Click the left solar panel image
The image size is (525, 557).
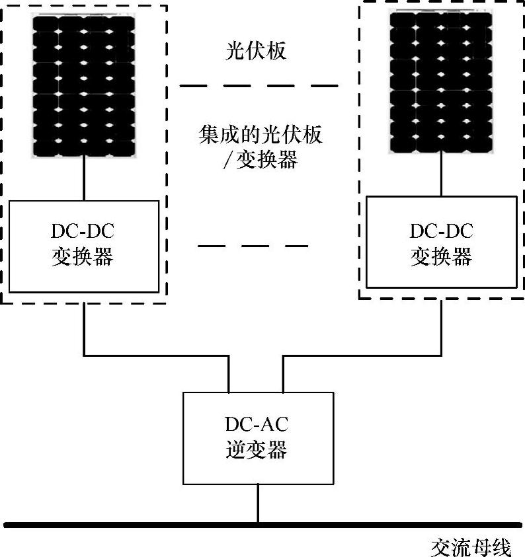tap(84, 86)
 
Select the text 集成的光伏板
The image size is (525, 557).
tap(261, 135)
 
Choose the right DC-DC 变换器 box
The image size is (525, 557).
tap(442, 241)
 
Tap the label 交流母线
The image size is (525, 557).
tap(470, 548)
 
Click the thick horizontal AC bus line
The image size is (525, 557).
tap(132, 525)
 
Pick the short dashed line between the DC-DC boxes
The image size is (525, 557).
tap(253, 246)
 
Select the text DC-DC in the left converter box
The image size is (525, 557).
tap(83, 232)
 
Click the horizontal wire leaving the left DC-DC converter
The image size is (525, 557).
tap(155, 355)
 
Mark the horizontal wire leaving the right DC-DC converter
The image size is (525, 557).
tap(362, 355)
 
